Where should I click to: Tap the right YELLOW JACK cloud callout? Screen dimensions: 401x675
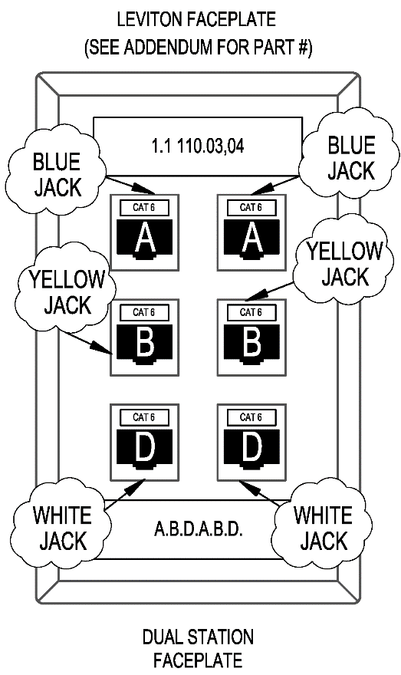pos(344,262)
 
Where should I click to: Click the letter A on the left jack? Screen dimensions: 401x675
pos(145,239)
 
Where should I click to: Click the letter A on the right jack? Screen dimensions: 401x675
pos(251,239)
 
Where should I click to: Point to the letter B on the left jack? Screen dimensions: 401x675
pos(145,343)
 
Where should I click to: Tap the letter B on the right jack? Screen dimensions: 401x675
pos(251,343)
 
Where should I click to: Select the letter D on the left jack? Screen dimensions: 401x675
pos(145,448)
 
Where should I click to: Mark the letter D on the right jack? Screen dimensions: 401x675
pos(251,448)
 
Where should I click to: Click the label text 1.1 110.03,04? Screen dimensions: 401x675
pos(198,147)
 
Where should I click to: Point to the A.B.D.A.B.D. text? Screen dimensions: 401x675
pos(199,529)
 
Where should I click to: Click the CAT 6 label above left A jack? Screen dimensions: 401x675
pos(144,208)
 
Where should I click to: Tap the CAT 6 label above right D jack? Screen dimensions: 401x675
pos(251,417)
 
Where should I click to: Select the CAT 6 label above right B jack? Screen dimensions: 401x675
pos(251,312)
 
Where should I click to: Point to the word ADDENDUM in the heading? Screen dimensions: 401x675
pos(169,47)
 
